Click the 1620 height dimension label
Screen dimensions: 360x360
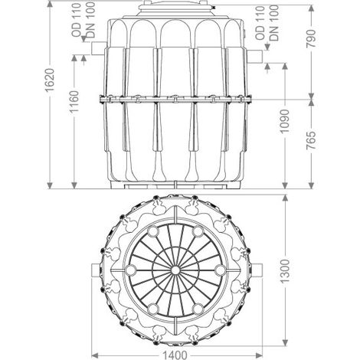50,80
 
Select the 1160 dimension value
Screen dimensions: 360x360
74,101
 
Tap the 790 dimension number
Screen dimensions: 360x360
311,38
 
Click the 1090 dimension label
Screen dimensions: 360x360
285,121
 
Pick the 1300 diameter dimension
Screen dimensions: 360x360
285,271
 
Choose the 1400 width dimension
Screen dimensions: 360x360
175,355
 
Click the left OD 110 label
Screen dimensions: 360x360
77,20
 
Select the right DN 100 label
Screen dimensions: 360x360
274,23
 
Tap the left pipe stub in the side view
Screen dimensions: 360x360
99,48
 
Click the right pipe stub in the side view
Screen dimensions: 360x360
254,57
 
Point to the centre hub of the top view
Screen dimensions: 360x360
175,270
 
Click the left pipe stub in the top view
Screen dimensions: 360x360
95,270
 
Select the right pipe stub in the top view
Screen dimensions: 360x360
258,270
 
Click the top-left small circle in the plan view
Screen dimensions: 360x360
153,231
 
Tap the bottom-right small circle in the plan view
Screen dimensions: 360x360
198,309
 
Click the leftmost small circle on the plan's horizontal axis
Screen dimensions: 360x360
131,270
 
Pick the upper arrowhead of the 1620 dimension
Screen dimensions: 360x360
50,4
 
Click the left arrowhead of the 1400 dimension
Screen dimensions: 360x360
95,355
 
